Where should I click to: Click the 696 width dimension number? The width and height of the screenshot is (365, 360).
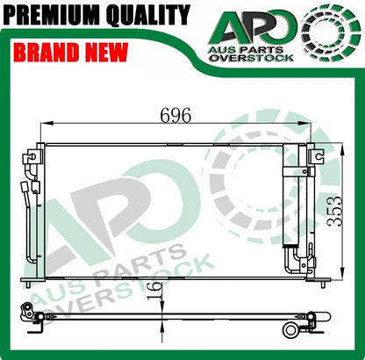tap(175, 115)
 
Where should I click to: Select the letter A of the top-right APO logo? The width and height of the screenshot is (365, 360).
tap(232, 27)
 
